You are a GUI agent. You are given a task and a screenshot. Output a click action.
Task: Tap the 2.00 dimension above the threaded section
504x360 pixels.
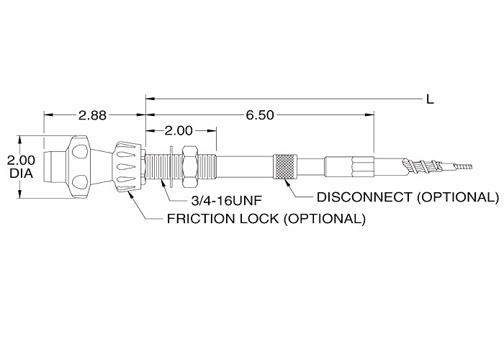[x=179, y=131]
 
